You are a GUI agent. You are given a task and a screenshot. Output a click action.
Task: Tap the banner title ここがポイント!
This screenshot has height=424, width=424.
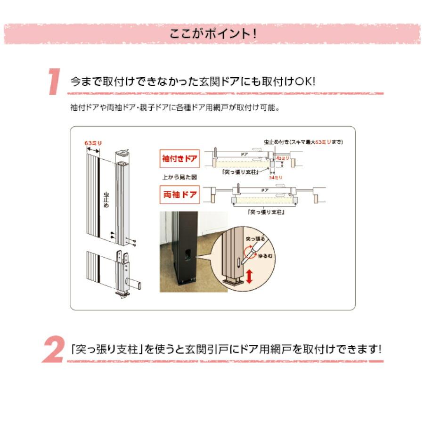pos(212,34)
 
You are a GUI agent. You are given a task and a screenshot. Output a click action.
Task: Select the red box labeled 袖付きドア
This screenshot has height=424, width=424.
pos(180,159)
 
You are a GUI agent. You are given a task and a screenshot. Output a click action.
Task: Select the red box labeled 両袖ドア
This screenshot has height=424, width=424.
pos(180,194)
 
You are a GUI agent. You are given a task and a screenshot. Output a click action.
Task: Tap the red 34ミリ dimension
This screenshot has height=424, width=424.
pos(275,177)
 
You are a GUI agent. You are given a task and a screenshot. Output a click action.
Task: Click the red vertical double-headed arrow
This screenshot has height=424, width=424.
pos(249,277)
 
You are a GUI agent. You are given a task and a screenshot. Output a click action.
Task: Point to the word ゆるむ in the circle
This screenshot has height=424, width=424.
pos(261,256)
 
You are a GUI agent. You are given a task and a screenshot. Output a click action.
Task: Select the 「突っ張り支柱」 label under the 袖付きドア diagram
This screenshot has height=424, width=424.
pos(242,172)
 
